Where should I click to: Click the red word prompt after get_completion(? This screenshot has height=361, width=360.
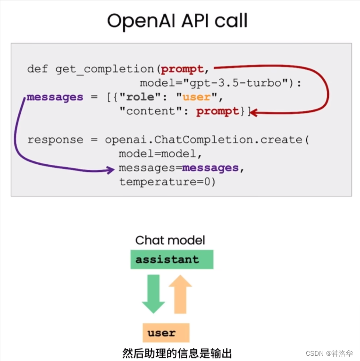point(182,69)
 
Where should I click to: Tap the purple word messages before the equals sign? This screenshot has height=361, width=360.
point(55,98)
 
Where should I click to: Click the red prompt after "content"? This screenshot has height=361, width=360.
point(218,112)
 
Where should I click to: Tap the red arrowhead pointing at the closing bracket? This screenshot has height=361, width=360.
point(254,112)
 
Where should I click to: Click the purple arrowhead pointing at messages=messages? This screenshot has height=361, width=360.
point(111,168)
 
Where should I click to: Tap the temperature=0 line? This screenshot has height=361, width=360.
point(167,182)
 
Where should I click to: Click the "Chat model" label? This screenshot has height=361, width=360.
point(170,240)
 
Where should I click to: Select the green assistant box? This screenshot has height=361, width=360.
point(172,260)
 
